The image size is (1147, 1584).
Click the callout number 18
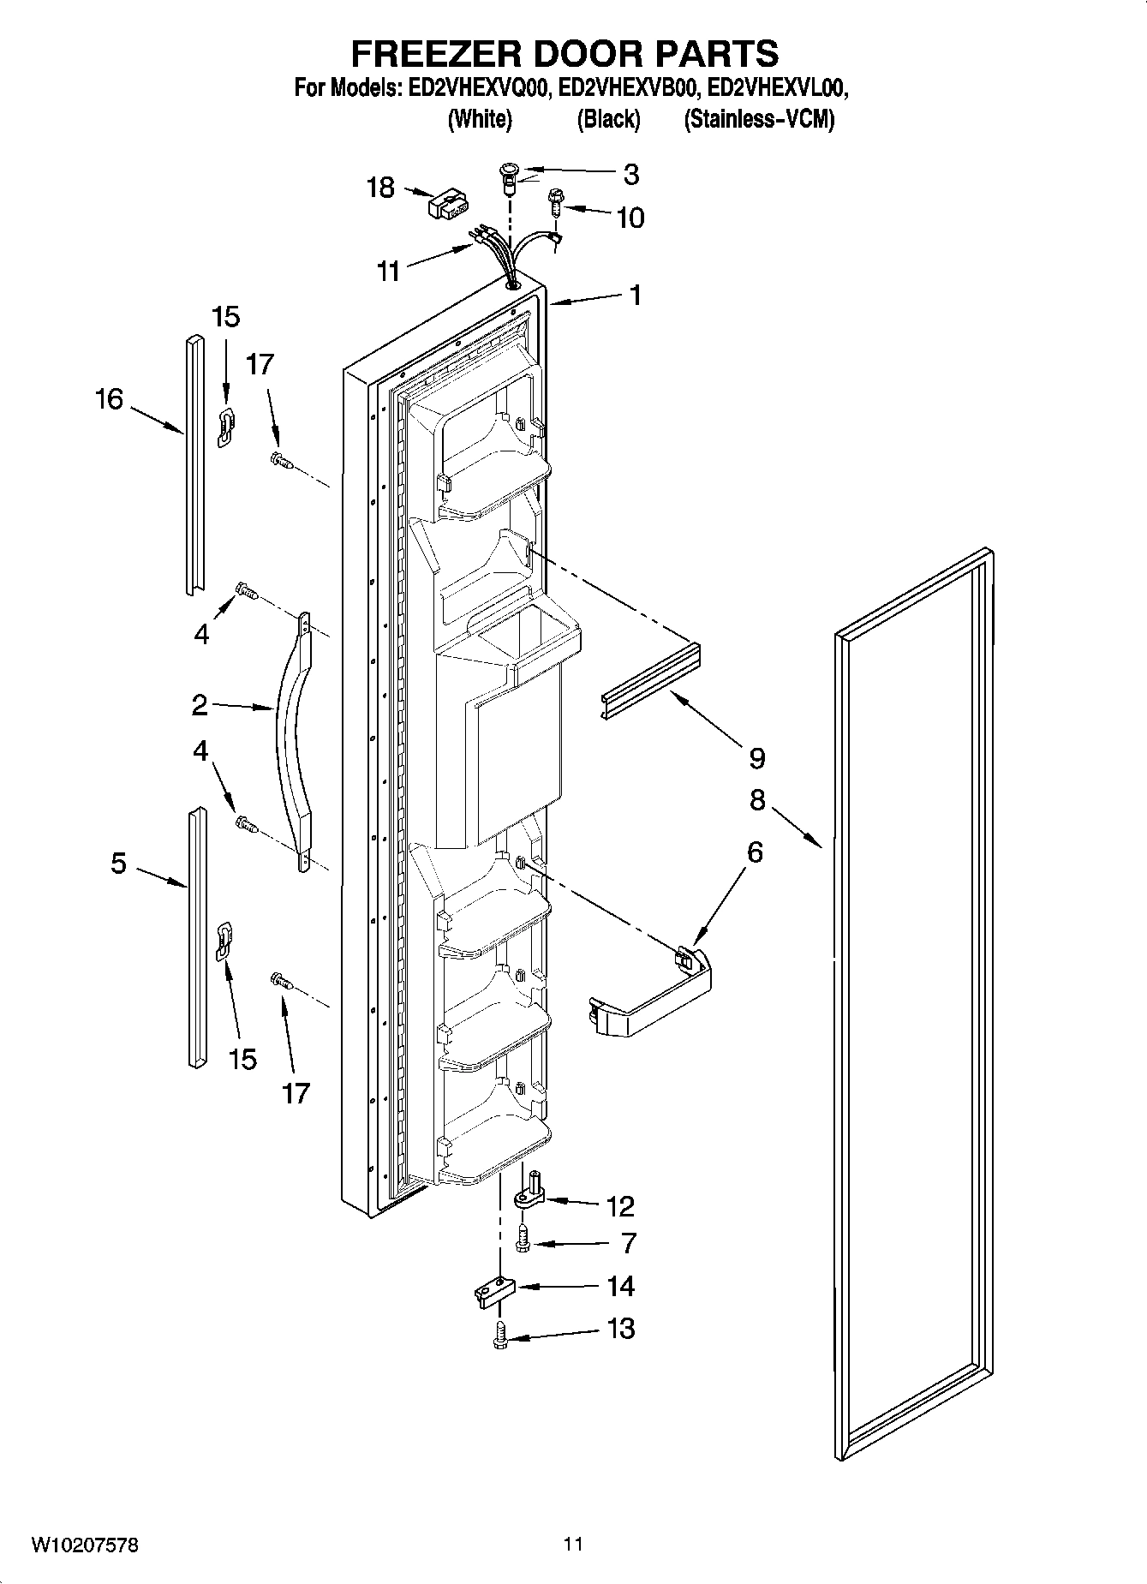380,187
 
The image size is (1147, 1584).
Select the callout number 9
756,757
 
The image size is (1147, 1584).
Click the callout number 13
621,1329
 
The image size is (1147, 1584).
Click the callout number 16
110,398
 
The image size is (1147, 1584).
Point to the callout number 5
118,863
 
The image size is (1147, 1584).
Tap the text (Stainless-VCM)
759,120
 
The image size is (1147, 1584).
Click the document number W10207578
85,1545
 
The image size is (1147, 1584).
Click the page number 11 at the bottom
573,1544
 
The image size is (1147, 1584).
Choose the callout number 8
757,800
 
